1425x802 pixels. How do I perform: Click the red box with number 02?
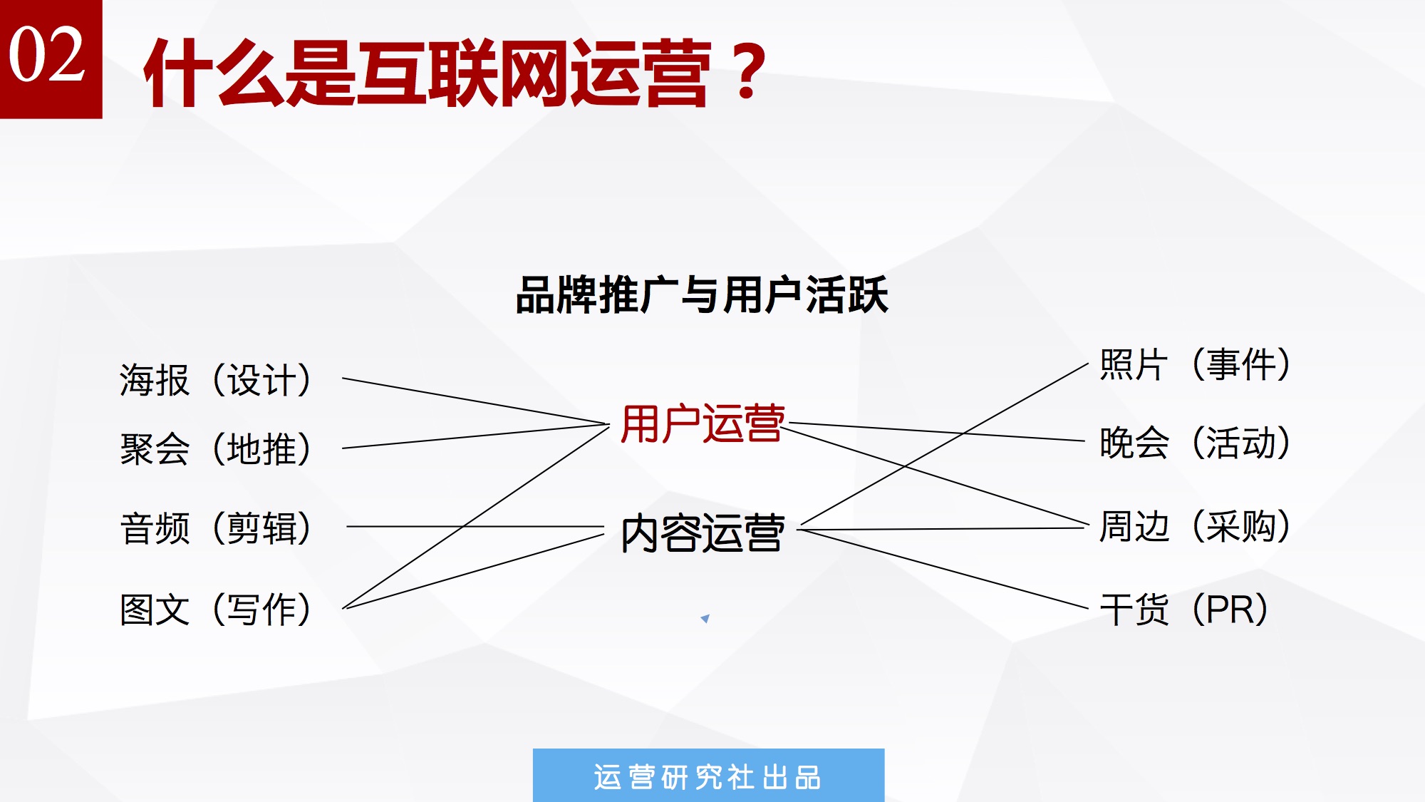pyautogui.click(x=51, y=58)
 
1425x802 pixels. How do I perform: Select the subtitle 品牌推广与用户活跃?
pyautogui.click(x=702, y=295)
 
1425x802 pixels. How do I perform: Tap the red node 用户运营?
pyautogui.click(x=703, y=423)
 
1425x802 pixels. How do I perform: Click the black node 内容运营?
pyautogui.click(x=703, y=533)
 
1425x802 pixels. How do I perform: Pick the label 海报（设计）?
pyautogui.click(x=216, y=379)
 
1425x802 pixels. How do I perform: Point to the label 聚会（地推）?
pyautogui.click(x=216, y=449)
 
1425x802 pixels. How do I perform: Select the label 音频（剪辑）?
pyautogui.click(x=216, y=528)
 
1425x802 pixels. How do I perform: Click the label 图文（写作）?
pyautogui.click(x=216, y=610)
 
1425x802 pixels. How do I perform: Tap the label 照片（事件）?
pyautogui.click(x=1195, y=364)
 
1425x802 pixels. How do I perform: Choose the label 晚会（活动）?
pyautogui.click(x=1195, y=442)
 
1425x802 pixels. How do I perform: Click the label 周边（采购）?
pyautogui.click(x=1195, y=526)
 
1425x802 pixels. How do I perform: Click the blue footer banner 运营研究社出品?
pyautogui.click(x=708, y=776)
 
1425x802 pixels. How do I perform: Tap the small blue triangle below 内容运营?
pyautogui.click(x=705, y=618)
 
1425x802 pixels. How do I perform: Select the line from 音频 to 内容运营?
pyautogui.click(x=475, y=527)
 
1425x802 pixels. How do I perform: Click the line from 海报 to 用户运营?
pyautogui.click(x=475, y=401)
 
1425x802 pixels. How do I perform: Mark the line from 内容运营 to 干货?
pyautogui.click(x=943, y=569)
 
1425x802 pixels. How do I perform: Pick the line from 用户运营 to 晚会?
pyautogui.click(x=936, y=432)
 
